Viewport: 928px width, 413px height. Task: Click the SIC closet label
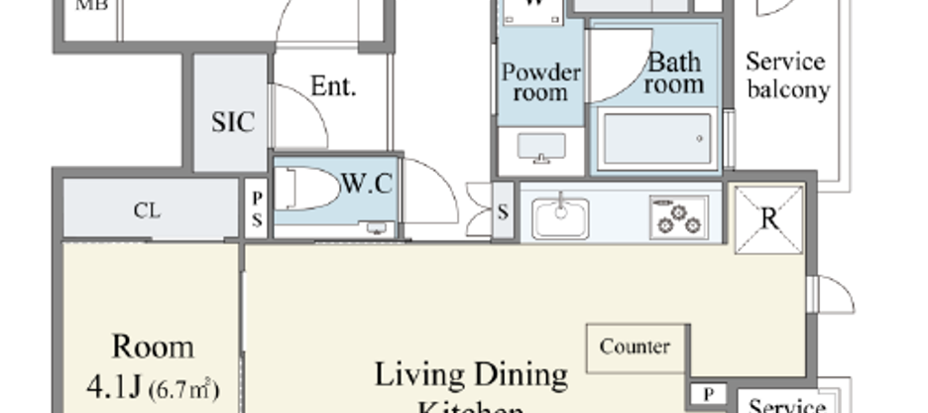click(x=233, y=122)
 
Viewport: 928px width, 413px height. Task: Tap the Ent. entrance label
click(x=333, y=86)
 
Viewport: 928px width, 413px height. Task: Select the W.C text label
click(x=367, y=184)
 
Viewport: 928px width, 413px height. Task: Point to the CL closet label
click(x=148, y=210)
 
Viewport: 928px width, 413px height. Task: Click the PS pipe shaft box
click(x=256, y=209)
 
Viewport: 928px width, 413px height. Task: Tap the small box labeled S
click(x=503, y=210)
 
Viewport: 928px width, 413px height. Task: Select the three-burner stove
click(x=679, y=215)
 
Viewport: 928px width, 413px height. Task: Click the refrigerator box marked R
click(x=769, y=217)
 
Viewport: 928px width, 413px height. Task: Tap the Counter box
click(x=635, y=347)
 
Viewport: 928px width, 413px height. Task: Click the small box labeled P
click(x=708, y=394)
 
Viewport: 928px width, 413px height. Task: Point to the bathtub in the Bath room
click(x=656, y=139)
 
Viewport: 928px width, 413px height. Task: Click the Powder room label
click(x=539, y=82)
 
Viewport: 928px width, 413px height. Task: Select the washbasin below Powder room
click(x=540, y=149)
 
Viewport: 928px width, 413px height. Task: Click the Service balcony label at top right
click(x=787, y=75)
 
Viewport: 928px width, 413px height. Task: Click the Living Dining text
click(x=471, y=375)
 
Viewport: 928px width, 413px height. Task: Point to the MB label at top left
click(x=92, y=5)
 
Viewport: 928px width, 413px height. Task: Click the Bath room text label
click(x=675, y=73)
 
